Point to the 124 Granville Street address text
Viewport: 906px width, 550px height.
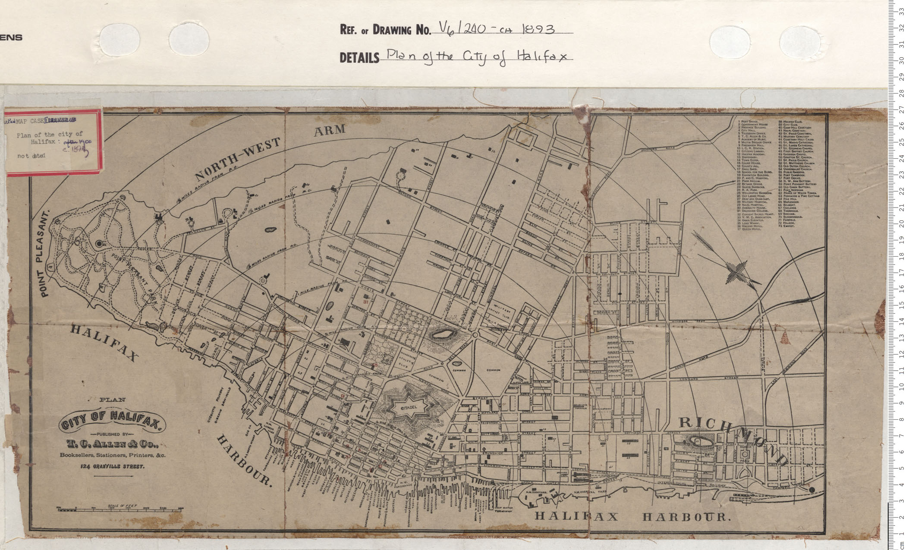pos(112,466)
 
